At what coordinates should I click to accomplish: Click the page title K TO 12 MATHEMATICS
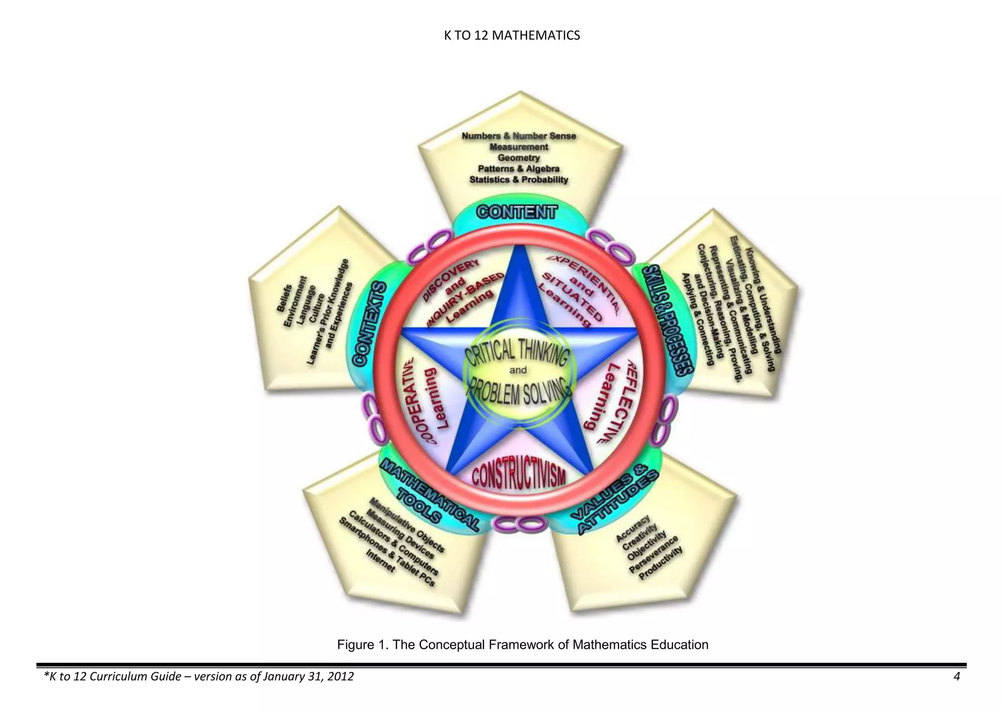pyautogui.click(x=512, y=36)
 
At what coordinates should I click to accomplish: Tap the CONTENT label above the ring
pyautogui.click(x=517, y=212)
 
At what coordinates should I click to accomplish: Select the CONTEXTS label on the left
pyautogui.click(x=370, y=323)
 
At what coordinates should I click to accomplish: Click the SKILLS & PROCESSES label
pyautogui.click(x=669, y=320)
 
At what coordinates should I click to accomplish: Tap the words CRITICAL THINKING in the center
pyautogui.click(x=518, y=352)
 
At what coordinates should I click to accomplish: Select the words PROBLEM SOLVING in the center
pyautogui.click(x=519, y=392)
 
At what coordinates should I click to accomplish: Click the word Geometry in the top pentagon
pyautogui.click(x=519, y=158)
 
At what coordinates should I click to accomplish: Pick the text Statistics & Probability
pyautogui.click(x=519, y=180)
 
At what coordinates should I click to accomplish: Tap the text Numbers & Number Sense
pyautogui.click(x=519, y=136)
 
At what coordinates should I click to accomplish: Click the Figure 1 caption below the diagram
pyautogui.click(x=523, y=644)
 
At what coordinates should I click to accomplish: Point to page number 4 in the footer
pyautogui.click(x=956, y=677)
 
